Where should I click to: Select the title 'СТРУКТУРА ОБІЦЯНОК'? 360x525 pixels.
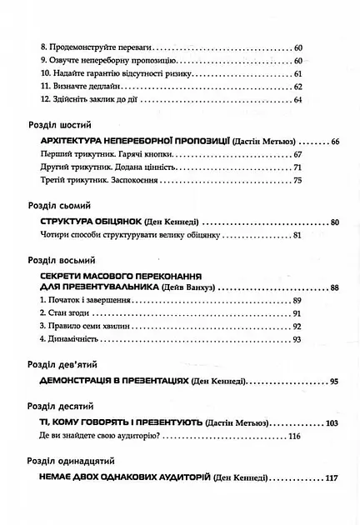(91, 222)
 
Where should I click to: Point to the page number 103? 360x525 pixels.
(332, 424)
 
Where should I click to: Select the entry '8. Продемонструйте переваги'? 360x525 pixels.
(94, 49)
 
